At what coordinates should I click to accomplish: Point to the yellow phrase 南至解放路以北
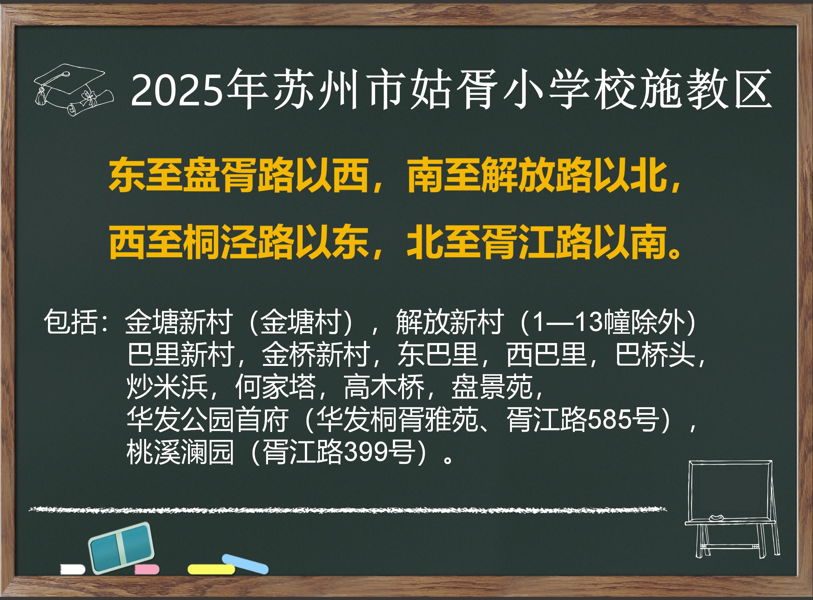[x=537, y=175]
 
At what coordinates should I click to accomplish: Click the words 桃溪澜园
[x=180, y=452]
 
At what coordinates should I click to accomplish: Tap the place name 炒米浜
[x=167, y=387]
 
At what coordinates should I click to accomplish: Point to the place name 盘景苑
[x=492, y=387]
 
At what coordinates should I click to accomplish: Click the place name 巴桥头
[x=655, y=354]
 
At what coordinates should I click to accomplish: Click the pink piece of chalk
[x=147, y=569]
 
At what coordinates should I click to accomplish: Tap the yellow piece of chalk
[x=211, y=569]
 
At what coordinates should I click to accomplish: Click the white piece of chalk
[x=73, y=569]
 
